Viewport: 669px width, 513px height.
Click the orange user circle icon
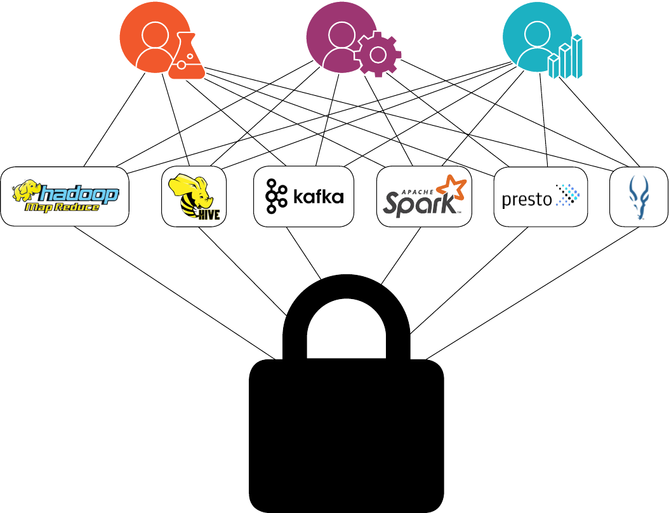(x=147, y=38)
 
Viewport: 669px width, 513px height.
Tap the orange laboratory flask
(x=186, y=58)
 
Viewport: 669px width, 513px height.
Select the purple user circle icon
(x=334, y=38)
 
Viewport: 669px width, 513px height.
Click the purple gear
(x=378, y=54)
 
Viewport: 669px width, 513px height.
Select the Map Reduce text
(x=62, y=208)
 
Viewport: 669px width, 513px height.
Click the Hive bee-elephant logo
(x=194, y=197)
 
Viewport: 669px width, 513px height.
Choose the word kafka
(x=319, y=196)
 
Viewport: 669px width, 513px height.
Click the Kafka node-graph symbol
(x=275, y=196)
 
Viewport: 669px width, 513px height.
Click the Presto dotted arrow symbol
(x=567, y=196)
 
